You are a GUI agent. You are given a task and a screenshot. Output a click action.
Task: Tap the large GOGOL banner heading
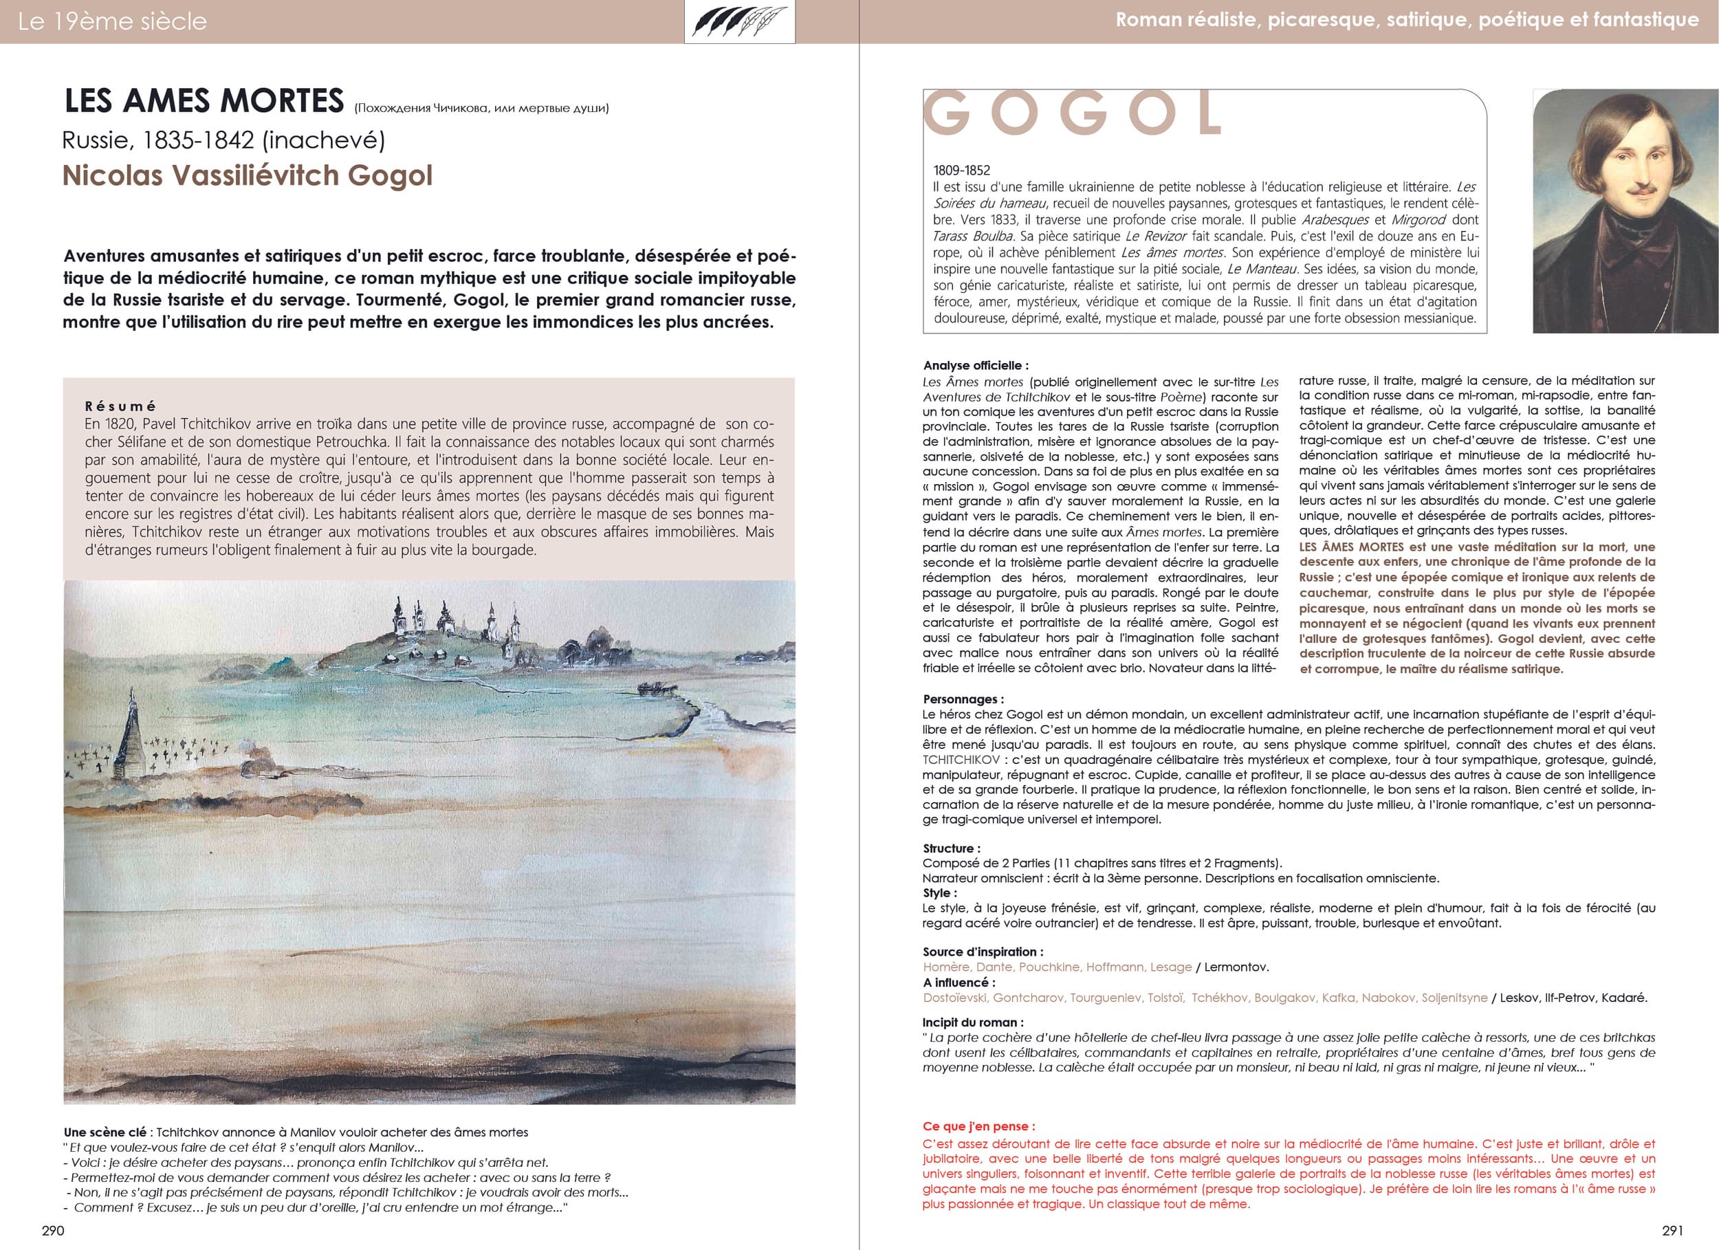click(1072, 114)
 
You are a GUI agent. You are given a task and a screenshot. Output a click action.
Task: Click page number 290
click(53, 1229)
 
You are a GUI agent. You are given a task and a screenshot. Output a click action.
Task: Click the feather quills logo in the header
click(739, 22)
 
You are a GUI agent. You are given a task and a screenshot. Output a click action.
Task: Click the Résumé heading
click(120, 406)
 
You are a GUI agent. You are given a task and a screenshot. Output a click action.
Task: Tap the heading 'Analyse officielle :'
click(976, 365)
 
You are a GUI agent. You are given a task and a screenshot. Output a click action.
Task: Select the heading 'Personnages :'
click(963, 699)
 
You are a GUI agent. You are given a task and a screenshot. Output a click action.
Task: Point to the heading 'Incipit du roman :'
click(972, 1022)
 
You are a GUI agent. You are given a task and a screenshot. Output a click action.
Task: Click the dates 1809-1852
click(962, 171)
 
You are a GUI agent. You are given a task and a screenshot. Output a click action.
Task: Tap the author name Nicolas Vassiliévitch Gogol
click(247, 176)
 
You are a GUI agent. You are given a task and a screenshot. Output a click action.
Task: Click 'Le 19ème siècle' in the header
click(112, 21)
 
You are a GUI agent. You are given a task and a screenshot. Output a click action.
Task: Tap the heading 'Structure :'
click(951, 848)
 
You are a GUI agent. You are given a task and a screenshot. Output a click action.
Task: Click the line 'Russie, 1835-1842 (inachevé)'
click(223, 140)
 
